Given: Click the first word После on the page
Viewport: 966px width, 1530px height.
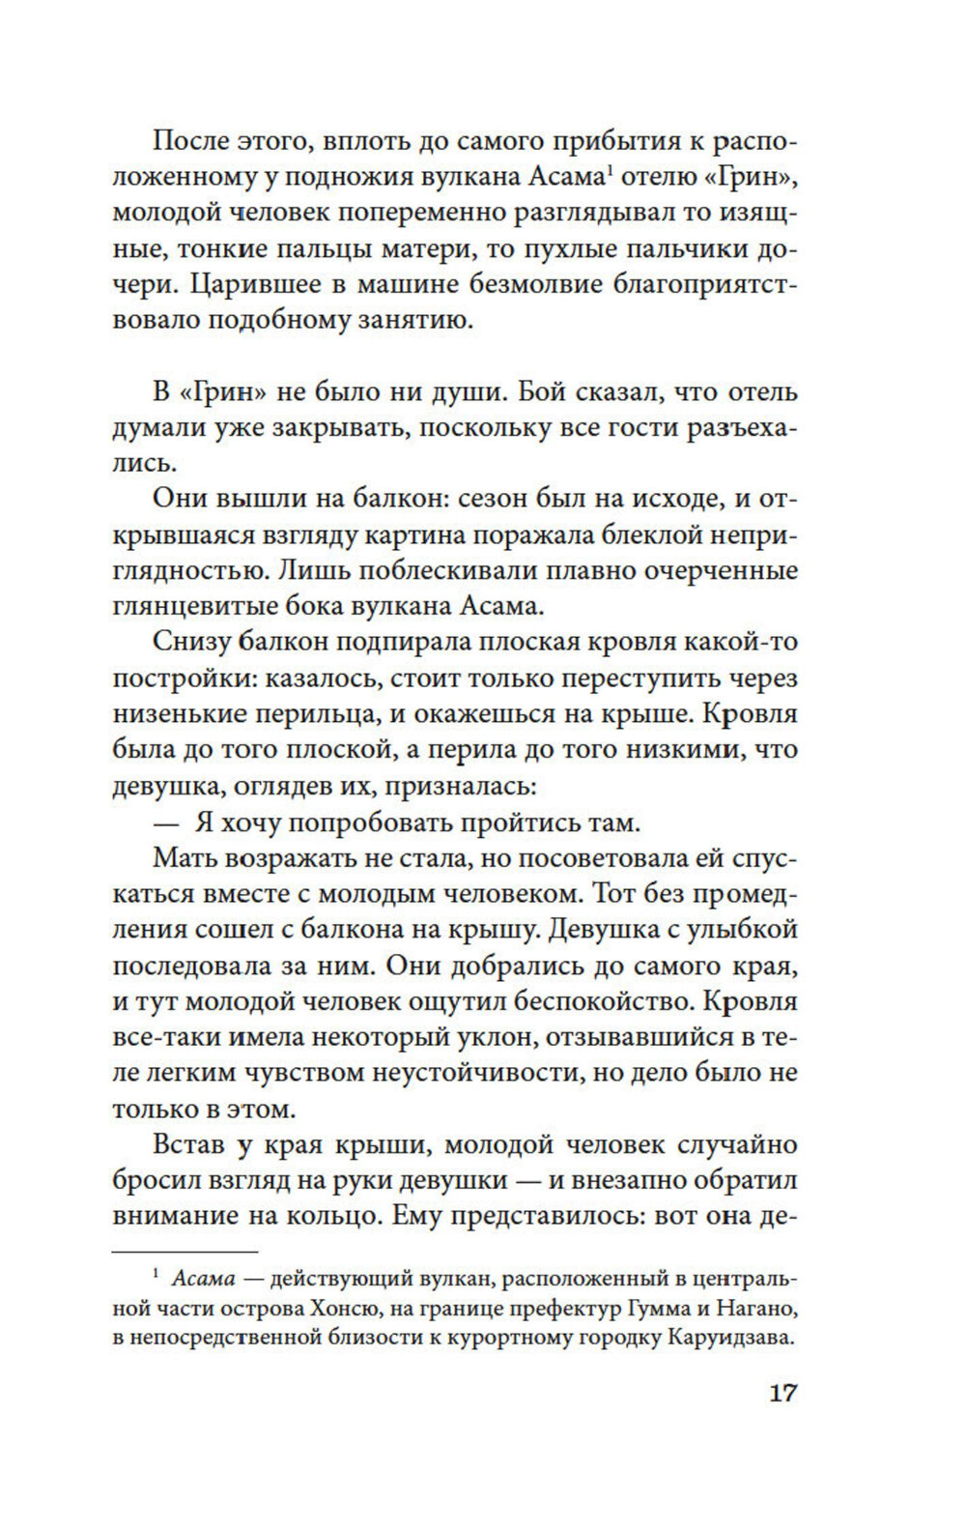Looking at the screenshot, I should coord(190,142).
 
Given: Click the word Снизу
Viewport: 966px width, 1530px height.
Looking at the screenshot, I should coord(189,643).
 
